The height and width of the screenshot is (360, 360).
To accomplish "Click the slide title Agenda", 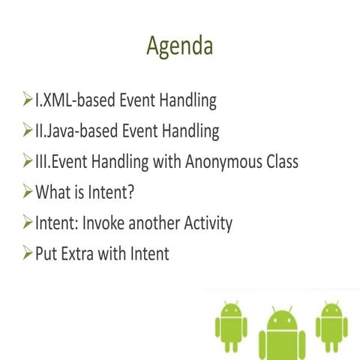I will click(x=179, y=46).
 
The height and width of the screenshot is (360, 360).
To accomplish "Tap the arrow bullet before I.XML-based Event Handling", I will click(x=25, y=100).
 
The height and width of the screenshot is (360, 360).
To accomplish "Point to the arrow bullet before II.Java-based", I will click(x=25, y=130).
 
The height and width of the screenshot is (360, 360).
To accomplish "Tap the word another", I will click(x=155, y=223).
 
